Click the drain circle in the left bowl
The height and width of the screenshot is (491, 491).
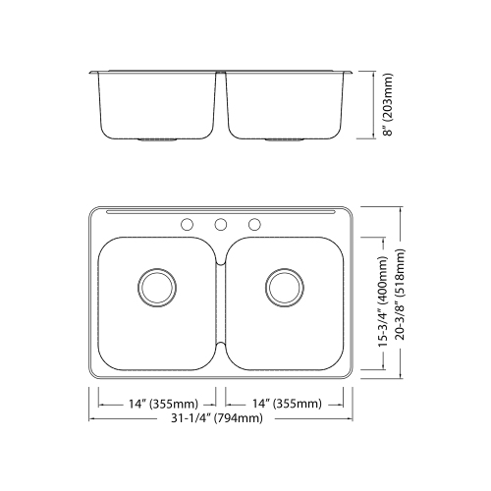pyautogui.click(x=155, y=286)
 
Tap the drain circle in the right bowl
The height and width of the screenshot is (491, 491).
pyautogui.click(x=283, y=286)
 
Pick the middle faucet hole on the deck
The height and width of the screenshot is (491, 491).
pyautogui.click(x=221, y=224)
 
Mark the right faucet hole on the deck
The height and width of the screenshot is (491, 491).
pyautogui.click(x=254, y=224)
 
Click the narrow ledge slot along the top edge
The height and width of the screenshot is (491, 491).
pyautogui.click(x=221, y=211)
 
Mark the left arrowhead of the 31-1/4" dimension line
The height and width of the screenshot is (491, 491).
pyautogui.click(x=92, y=418)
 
